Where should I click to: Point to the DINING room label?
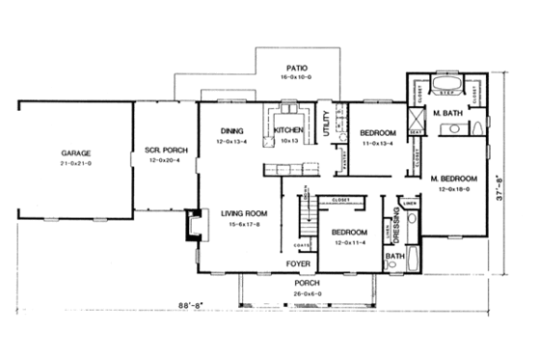pyautogui.click(x=229, y=130)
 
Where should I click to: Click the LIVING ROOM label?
pyautogui.click(x=242, y=214)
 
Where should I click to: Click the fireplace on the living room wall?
pyautogui.click(x=191, y=227)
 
